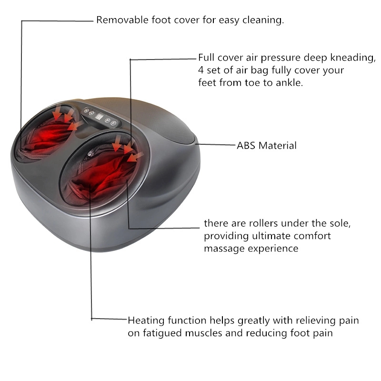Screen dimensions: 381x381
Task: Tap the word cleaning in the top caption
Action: tap(264, 20)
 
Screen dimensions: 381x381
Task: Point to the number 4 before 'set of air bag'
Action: tap(201, 70)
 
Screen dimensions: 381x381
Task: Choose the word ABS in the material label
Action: tap(247, 145)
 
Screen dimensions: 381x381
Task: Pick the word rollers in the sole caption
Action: tap(258, 223)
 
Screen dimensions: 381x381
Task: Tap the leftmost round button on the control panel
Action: tap(86, 110)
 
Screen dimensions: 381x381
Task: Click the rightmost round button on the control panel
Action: tap(114, 123)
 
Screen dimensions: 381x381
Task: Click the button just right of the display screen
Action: tap(108, 120)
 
